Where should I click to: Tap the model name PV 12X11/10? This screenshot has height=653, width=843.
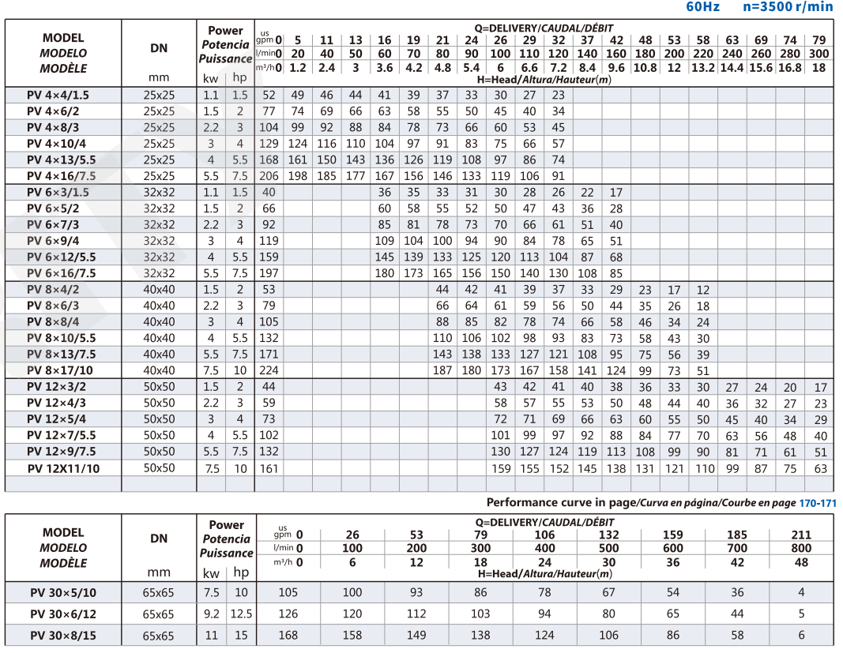(65, 468)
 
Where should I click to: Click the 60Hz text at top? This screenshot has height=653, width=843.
(703, 7)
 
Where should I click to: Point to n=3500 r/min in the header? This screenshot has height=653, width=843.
(788, 7)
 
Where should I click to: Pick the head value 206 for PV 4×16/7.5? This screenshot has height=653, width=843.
(269, 176)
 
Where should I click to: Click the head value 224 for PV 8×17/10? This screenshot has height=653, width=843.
(269, 370)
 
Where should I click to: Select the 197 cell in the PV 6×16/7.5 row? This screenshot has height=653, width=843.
(269, 273)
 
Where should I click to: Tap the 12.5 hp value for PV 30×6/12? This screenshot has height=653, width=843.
(241, 614)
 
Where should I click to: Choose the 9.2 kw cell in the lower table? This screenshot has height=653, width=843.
(211, 614)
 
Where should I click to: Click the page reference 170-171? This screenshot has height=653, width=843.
(818, 502)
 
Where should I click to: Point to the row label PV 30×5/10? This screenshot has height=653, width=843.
(64, 592)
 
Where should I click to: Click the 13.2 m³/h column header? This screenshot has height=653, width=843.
(703, 68)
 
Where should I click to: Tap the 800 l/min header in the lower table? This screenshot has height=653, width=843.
(801, 548)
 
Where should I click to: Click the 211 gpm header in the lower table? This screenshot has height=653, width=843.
(801, 535)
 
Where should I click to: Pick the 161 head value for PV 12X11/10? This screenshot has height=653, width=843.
(269, 468)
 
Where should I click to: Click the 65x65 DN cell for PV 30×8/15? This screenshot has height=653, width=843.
(159, 635)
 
